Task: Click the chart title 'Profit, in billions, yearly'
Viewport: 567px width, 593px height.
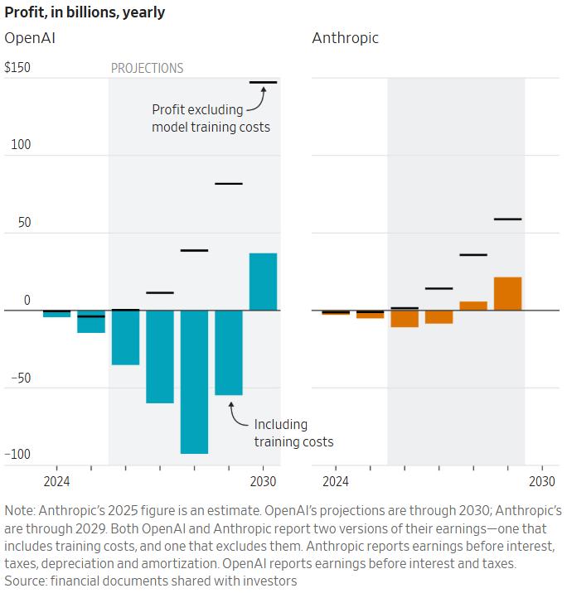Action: click(85, 12)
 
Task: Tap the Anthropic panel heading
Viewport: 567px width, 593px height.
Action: click(345, 38)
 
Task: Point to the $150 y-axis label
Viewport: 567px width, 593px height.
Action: click(17, 68)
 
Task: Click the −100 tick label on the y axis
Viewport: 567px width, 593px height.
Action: click(17, 455)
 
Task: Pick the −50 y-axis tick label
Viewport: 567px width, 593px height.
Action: click(17, 378)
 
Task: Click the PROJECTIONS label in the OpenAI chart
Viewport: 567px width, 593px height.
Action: click(147, 69)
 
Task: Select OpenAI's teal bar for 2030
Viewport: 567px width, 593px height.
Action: click(263, 282)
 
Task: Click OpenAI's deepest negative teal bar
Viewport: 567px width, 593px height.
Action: click(194, 382)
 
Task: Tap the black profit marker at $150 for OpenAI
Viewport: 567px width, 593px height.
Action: click(263, 83)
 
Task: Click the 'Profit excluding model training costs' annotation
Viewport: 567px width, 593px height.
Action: click(211, 118)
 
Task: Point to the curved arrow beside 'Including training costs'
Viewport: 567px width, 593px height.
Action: click(236, 415)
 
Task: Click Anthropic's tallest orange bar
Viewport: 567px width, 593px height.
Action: click(507, 294)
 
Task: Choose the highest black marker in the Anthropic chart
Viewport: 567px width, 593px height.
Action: click(507, 219)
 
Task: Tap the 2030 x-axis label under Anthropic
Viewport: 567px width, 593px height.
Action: click(542, 482)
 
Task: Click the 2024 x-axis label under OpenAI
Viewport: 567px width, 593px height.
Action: click(56, 482)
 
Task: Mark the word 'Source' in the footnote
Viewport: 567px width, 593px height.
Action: click(25, 581)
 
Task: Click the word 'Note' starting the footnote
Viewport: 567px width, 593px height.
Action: click(20, 511)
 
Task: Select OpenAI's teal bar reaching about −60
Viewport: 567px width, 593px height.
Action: click(160, 357)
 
